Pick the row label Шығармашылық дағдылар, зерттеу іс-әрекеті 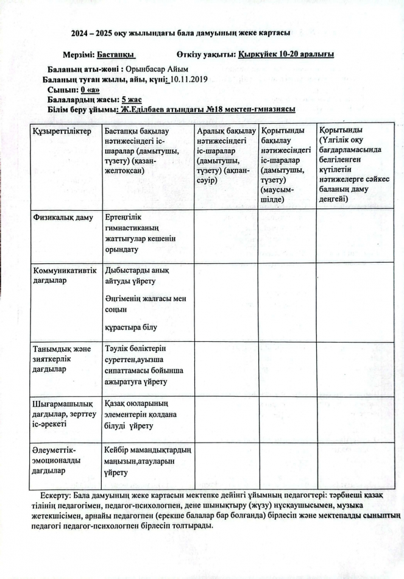click(x=64, y=412)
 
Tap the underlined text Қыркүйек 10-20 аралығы click(x=286, y=55)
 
